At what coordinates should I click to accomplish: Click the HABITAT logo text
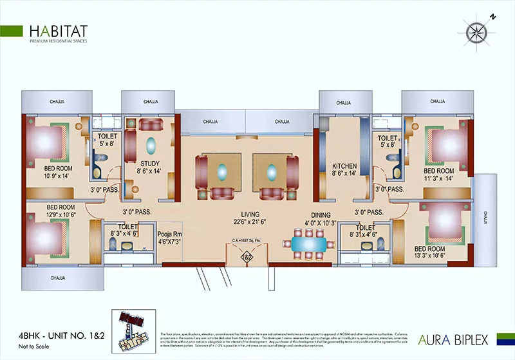pyautogui.click(x=59, y=31)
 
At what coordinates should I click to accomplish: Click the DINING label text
pyautogui.click(x=321, y=215)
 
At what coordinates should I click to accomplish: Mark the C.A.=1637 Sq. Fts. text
pyautogui.click(x=247, y=242)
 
